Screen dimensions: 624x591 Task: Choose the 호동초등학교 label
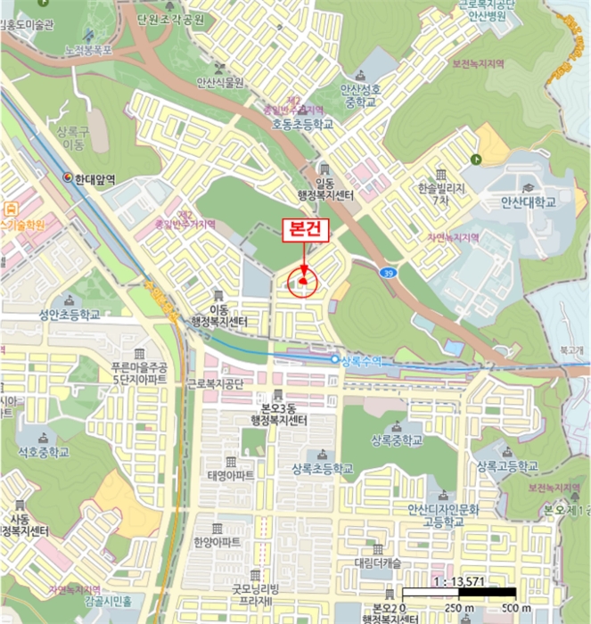303,125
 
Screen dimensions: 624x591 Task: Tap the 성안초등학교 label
69,315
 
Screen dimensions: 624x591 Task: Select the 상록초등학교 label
316,468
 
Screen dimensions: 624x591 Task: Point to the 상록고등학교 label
507,466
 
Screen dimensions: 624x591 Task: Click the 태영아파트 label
231,475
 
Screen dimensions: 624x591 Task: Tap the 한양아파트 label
217,541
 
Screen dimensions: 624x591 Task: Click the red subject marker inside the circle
303,282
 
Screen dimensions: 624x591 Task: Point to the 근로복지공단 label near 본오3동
215,384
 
